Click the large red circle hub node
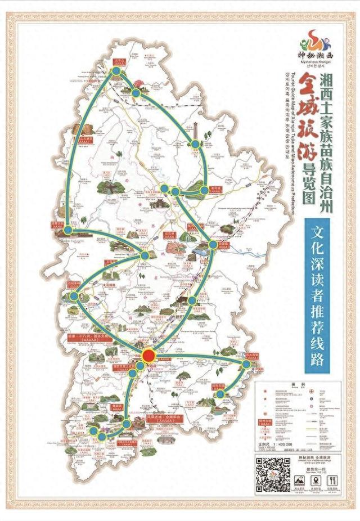148,356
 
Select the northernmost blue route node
116,71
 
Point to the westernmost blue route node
68,230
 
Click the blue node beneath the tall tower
195,145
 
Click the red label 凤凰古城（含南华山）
152,421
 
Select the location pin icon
315,480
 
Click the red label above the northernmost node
118,60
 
